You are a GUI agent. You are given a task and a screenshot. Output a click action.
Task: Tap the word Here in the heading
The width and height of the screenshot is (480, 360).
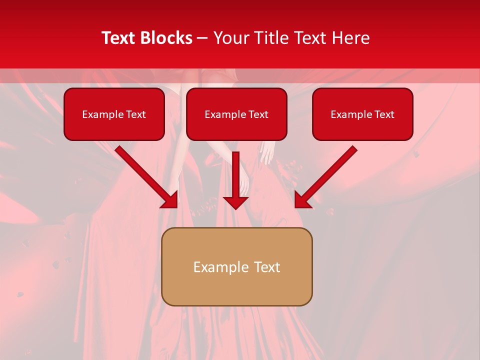(351, 38)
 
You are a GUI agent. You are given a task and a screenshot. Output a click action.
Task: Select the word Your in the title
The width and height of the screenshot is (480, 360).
(229, 38)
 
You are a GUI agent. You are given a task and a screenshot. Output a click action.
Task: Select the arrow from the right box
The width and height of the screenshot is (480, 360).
(326, 177)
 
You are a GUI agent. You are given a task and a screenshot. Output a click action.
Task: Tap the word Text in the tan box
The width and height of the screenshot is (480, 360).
(267, 267)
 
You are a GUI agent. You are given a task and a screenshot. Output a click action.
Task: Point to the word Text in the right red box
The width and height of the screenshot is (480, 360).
(384, 114)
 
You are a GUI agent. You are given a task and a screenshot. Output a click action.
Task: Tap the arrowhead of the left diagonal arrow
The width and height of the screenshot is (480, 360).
(170, 200)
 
